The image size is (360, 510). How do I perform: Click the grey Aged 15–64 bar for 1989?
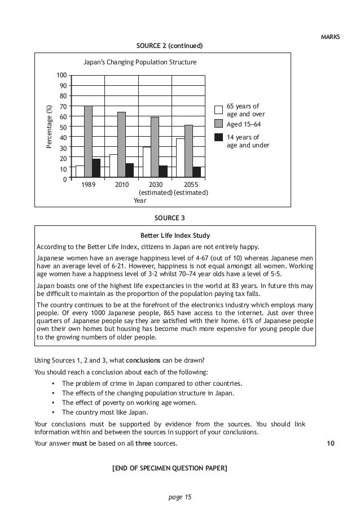(88, 142)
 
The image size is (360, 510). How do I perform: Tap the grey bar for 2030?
(155, 148)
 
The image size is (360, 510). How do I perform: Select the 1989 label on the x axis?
(89, 185)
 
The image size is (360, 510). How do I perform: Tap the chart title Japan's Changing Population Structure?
(140, 62)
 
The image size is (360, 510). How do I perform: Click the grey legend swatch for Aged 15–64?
(219, 123)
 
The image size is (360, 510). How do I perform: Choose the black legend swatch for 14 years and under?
(219, 137)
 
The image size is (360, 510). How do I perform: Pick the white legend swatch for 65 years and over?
(219, 110)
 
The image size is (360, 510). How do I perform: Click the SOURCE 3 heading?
(169, 217)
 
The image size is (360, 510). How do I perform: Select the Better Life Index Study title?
(175, 236)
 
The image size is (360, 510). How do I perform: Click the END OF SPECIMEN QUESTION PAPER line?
(170, 468)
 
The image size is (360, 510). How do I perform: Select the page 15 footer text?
(180, 497)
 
